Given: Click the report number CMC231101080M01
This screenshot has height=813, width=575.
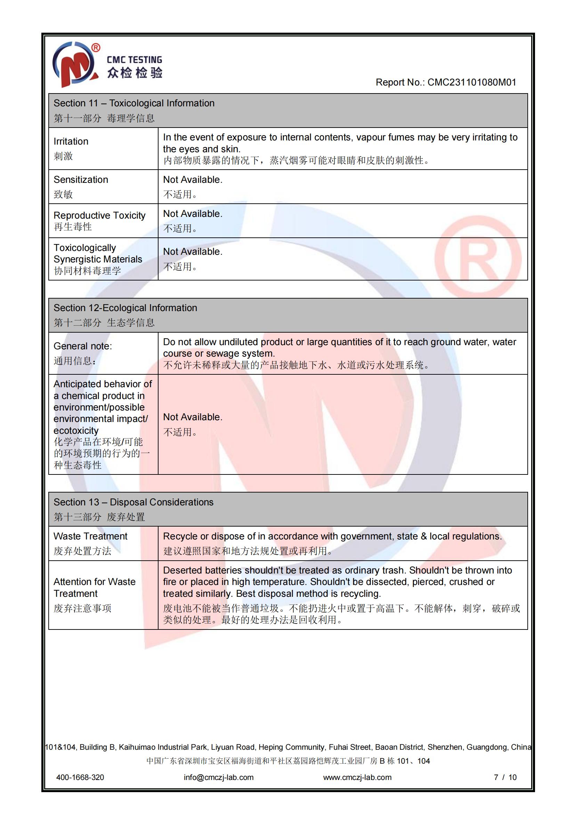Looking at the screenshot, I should coord(472,82).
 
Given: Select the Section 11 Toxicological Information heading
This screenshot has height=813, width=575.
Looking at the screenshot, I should coord(134,103).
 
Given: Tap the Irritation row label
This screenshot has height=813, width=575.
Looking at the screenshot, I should coord(71,141).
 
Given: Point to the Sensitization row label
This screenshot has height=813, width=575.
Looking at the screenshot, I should coord(81,180).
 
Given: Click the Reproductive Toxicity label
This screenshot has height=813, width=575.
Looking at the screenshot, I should coord(99,215).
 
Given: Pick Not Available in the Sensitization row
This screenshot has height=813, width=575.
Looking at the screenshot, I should coord(192,180).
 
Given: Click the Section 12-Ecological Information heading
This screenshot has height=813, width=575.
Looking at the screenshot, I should coord(125,308).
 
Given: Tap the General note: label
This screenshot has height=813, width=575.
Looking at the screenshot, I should coord(82,346).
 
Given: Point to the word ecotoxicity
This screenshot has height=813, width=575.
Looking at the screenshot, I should coord(76,431).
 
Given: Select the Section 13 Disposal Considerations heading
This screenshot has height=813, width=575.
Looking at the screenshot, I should coord(133,502).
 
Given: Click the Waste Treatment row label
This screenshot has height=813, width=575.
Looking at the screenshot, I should coord(90,536).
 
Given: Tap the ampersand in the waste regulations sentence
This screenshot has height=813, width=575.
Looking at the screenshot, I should coord(423,536).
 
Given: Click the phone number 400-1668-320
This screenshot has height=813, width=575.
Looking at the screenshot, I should coord(80,777).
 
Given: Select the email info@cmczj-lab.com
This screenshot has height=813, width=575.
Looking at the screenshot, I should coord(218,777).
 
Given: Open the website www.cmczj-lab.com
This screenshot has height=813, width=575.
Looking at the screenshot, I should coord(357,777).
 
